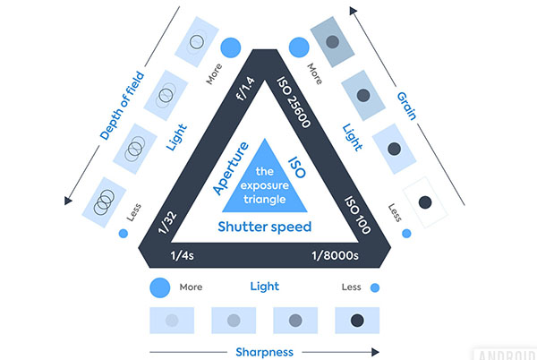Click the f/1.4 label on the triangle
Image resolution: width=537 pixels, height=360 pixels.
point(246,89)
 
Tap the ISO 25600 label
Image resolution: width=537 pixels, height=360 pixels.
point(294,102)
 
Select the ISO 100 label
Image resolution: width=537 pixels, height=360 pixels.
point(357,215)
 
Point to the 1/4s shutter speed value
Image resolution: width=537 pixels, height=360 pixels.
point(183,255)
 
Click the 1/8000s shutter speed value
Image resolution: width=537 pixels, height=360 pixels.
point(335,255)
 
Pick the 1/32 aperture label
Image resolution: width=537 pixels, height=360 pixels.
point(167,223)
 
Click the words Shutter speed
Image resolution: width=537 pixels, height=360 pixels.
point(265,227)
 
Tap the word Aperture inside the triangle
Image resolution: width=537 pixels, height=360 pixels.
point(231,167)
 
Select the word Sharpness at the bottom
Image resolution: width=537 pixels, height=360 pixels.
point(264,352)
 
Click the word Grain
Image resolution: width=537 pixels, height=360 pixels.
point(407,107)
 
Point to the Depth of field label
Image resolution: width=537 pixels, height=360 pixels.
point(123,106)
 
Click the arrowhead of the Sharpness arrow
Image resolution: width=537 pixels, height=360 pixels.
point(375,352)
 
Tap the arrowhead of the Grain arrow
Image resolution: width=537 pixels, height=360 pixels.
point(353,11)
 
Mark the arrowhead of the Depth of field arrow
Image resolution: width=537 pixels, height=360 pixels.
point(68,201)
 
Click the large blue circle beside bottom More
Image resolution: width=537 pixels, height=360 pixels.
point(160,287)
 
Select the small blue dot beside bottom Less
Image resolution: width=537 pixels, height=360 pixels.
point(375,287)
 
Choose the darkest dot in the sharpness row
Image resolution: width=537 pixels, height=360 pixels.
point(357,321)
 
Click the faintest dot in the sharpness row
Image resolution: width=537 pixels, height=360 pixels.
point(172,321)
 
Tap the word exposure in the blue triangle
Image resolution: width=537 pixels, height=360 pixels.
point(265,185)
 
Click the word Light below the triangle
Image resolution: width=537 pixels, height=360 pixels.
point(265,287)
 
